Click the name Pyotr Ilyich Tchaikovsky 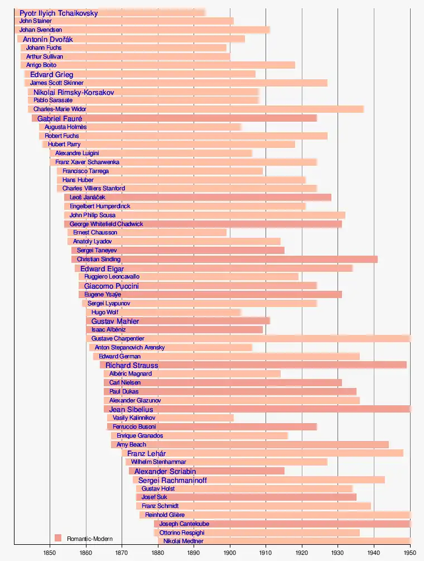click(x=59, y=13)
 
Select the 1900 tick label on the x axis click(x=230, y=553)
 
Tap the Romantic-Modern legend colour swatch click(x=57, y=538)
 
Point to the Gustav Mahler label click(x=115, y=321)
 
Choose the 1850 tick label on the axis click(x=50, y=553)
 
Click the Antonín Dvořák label click(x=48, y=39)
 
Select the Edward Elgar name click(x=102, y=268)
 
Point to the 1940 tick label click(x=374, y=553)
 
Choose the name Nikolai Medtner click(x=184, y=541)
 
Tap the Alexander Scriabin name click(x=165, y=471)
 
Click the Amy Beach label click(x=131, y=445)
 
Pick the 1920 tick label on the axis click(x=302, y=553)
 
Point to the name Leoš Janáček click(x=88, y=198)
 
